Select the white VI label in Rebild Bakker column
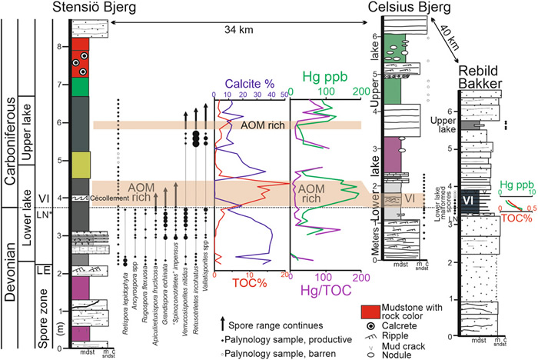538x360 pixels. click(x=468, y=202)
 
